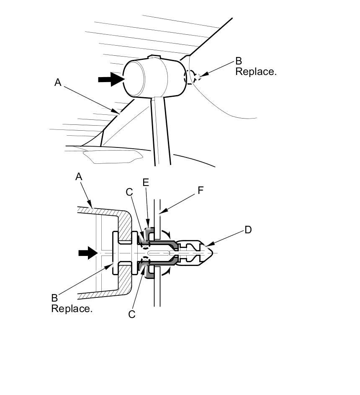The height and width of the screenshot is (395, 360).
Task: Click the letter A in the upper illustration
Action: coord(58,83)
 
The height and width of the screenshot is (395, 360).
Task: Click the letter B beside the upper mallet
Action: coord(239,62)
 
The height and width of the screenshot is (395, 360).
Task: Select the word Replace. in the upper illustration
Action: coord(256,72)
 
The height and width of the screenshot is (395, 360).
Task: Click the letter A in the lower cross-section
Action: coord(79,177)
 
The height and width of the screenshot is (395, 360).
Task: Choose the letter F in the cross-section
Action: coord(201,191)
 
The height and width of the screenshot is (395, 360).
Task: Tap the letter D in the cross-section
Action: coord(248,230)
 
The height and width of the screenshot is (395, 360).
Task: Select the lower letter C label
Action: coord(132,314)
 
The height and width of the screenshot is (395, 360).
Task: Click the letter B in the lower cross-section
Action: coord(54,298)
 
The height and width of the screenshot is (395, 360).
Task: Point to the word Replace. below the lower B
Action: coord(72,309)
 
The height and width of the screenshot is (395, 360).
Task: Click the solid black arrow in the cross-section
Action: coord(87,253)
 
